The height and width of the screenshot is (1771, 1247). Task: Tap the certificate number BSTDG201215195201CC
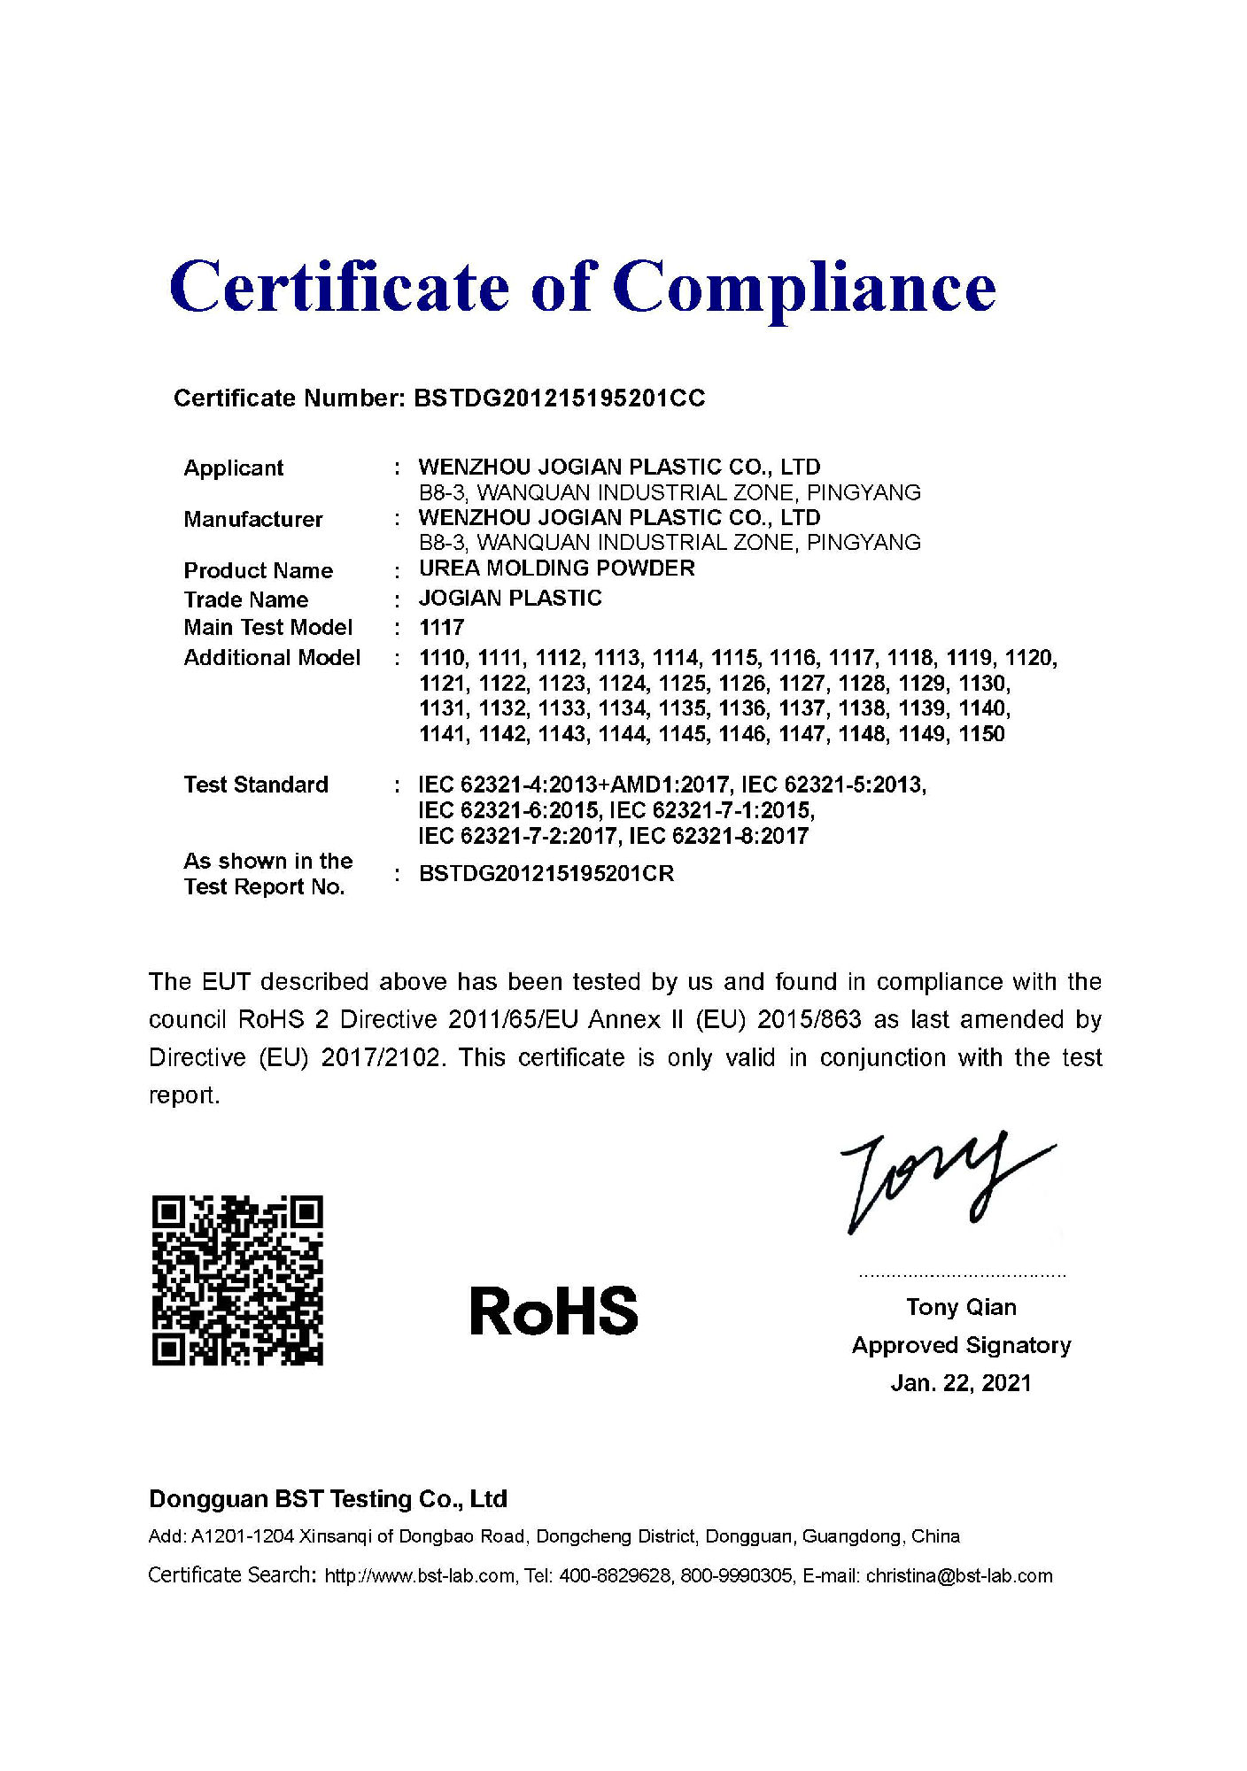tap(559, 398)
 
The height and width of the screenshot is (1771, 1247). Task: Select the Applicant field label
tap(233, 468)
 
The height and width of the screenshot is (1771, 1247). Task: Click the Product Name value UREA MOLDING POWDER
tap(556, 568)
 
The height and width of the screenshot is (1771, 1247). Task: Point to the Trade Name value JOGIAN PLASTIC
tap(510, 599)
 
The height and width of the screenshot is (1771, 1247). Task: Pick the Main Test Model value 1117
tap(441, 628)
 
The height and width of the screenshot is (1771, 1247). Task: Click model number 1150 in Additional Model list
tap(981, 734)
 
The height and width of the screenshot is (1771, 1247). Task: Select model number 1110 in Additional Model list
tap(442, 658)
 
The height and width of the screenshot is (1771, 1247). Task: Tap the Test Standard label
tap(256, 785)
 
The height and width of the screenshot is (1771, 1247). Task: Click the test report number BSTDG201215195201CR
tap(546, 874)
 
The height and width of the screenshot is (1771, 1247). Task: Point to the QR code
tap(237, 1280)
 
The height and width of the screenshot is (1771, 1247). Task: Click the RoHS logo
tap(554, 1311)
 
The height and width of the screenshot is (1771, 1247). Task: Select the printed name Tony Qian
tap(961, 1307)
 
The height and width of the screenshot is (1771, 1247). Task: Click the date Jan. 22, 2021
tap(961, 1383)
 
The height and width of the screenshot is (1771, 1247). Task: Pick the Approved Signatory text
tap(961, 1345)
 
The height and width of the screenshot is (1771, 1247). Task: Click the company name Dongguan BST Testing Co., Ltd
tap(328, 1499)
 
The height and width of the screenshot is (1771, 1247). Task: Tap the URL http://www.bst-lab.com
tap(420, 1576)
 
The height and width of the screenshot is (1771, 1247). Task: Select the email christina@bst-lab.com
tap(959, 1576)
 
